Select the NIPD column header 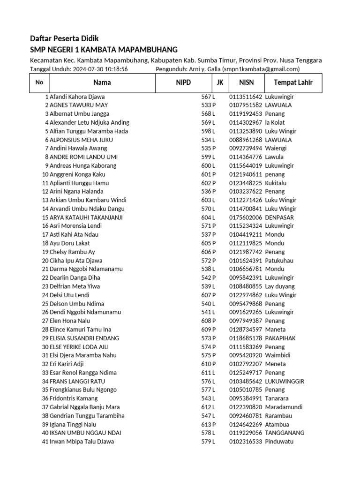point(183,83)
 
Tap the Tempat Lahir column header point(290,83)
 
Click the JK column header point(220,83)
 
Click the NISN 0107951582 point(246,105)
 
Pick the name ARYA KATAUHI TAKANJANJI point(86,217)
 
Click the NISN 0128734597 point(246,330)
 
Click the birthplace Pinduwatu point(279,442)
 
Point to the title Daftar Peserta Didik point(64,38)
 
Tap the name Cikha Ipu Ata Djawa point(76,261)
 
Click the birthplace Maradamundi point(284,407)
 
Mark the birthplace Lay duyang point(280,286)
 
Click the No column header point(39,83)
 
